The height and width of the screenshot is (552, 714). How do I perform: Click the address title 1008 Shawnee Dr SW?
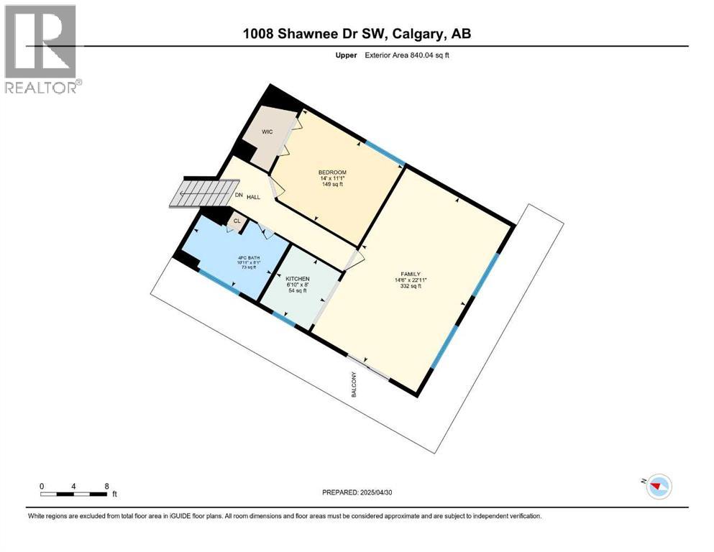pos(357,33)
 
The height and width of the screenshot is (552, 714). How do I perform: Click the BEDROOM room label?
pos(332,172)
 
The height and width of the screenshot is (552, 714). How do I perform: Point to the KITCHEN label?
pos(297,278)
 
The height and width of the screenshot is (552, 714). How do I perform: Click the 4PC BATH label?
pos(249,257)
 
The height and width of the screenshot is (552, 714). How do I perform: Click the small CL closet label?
pos(237,221)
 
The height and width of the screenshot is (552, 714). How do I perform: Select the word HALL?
pos(253,196)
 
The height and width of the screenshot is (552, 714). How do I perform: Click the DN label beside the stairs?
pos(238,195)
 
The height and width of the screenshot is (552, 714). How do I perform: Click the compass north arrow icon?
pos(657,486)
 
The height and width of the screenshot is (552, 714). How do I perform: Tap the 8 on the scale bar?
pos(106,486)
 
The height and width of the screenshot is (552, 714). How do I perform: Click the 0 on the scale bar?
pos(42,486)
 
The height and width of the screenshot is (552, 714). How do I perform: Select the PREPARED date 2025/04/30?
pos(357,492)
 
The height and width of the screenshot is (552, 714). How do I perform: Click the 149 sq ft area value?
pos(332,184)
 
